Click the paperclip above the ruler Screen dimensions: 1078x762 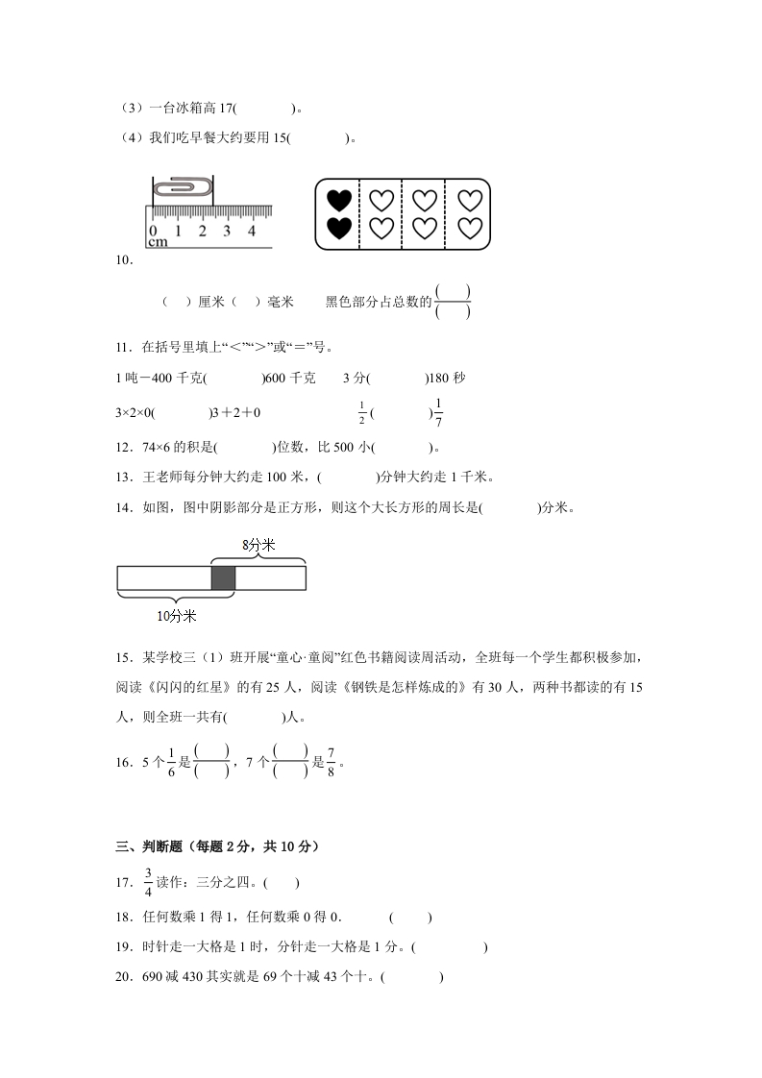[x=184, y=186]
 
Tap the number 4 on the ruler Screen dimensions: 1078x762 [x=252, y=231]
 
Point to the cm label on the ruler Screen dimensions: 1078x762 [x=158, y=242]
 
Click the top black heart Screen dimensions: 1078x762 [x=338, y=201]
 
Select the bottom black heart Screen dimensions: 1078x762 [x=338, y=229]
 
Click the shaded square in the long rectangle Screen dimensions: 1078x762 [x=223, y=577]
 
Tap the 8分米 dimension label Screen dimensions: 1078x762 [x=258, y=545]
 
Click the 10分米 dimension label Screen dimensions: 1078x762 [x=177, y=615]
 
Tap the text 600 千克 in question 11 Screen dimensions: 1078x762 [x=295, y=379]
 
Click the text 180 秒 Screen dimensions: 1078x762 [x=451, y=379]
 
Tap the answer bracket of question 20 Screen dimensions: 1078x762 [x=411, y=978]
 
